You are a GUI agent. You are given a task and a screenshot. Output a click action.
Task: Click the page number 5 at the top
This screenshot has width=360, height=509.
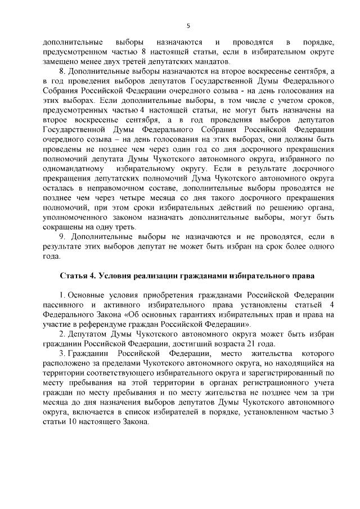[188, 25]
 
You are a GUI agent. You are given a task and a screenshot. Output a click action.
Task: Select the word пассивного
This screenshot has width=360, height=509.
[61, 305]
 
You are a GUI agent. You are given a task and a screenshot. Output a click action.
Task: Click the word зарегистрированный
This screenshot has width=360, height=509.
[286, 373]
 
